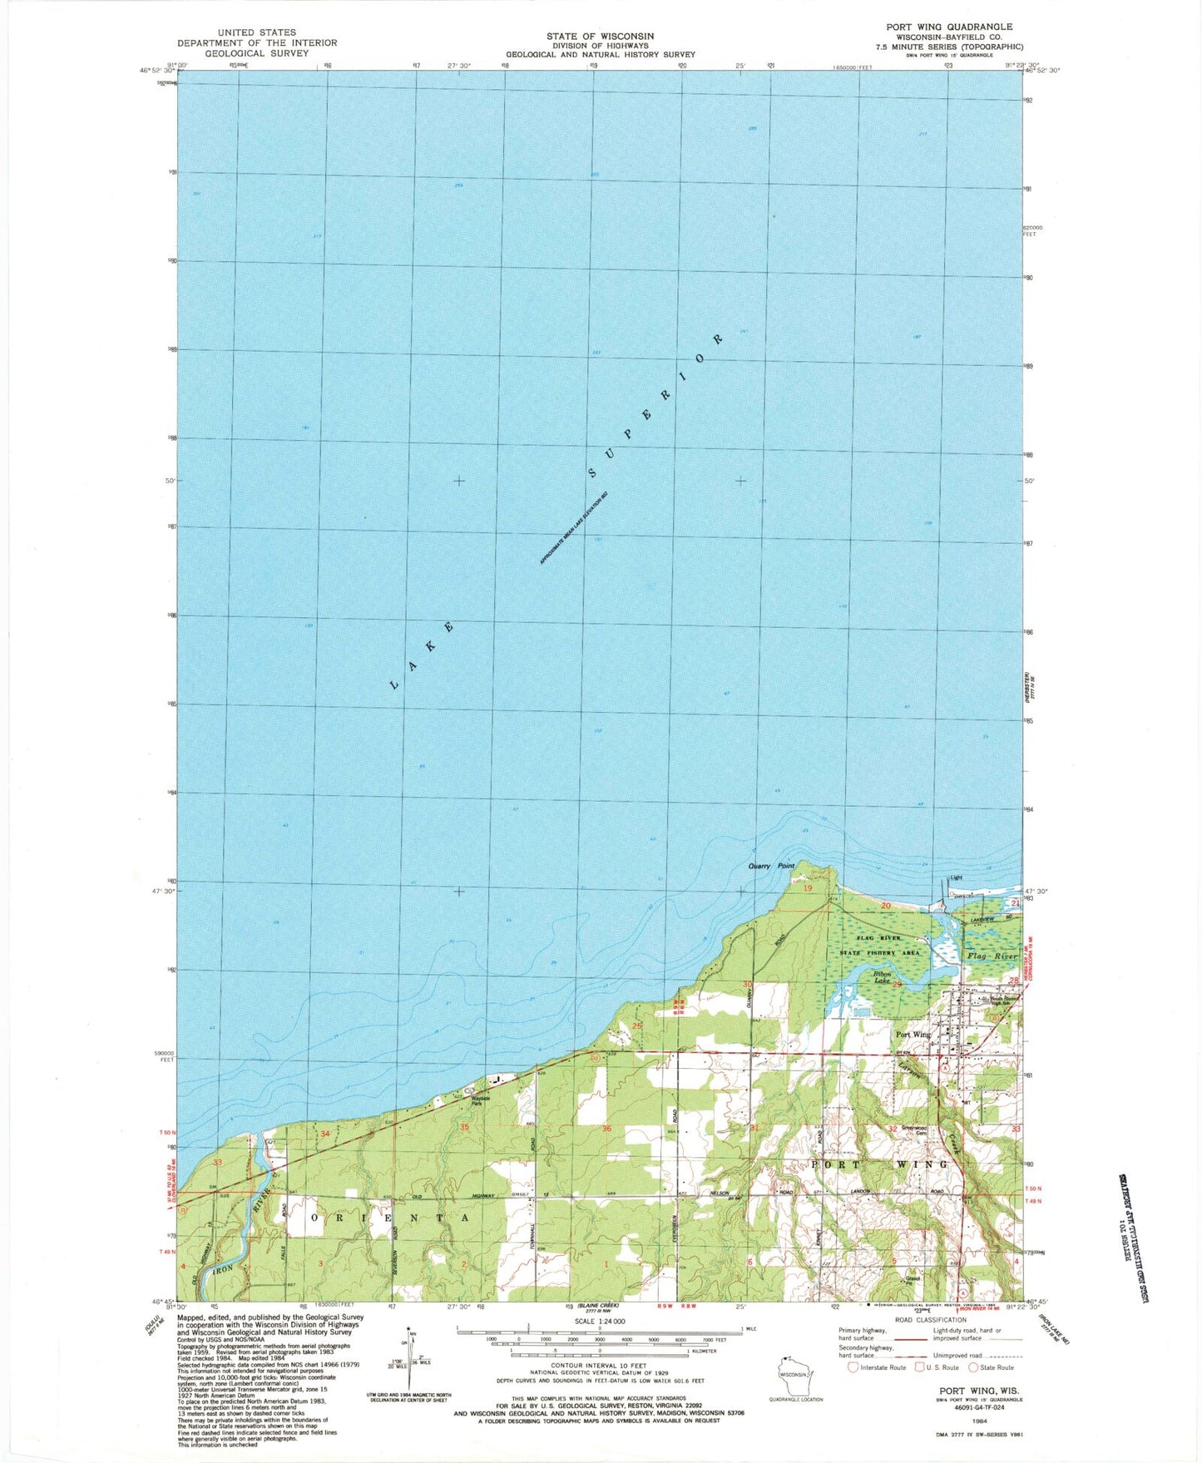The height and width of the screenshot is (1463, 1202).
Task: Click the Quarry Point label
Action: click(x=771, y=866)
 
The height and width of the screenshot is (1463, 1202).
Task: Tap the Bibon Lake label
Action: click(x=882, y=976)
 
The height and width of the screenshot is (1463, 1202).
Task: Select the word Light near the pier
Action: click(x=956, y=877)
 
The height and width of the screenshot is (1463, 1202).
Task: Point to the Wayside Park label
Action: click(x=481, y=1100)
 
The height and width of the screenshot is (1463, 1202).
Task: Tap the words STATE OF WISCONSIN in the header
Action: click(x=600, y=36)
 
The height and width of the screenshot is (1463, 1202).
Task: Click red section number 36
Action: click(x=606, y=1129)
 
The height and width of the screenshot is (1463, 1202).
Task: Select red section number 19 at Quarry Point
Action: click(x=807, y=888)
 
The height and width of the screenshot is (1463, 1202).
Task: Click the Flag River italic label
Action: click(x=992, y=956)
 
